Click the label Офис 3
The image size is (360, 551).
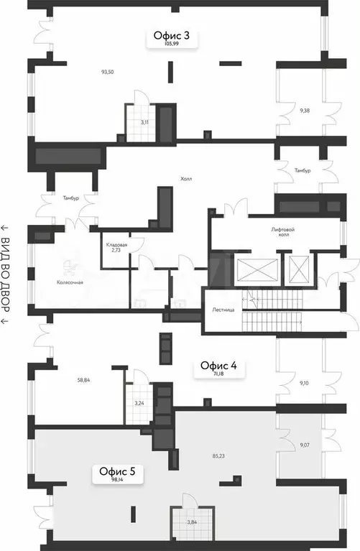[x=171, y=34]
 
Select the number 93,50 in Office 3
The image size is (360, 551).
[x=109, y=72]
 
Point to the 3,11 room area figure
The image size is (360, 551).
[x=144, y=122]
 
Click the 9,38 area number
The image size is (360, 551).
[x=305, y=111]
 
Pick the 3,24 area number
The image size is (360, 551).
[x=140, y=404]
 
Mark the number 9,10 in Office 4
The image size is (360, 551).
[x=305, y=383]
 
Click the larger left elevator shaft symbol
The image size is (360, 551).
[x=257, y=271]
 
